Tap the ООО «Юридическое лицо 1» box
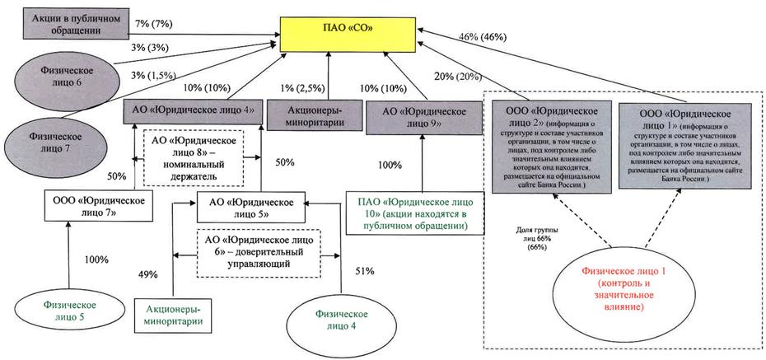pos(675,147)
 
